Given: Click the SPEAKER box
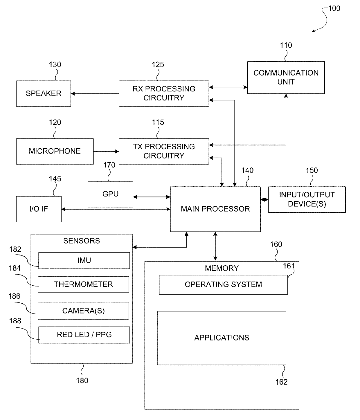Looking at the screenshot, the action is (x=44, y=93).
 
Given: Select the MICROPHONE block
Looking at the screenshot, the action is (x=55, y=152).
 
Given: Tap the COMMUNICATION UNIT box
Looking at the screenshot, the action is (x=286, y=77).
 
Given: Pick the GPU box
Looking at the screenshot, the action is (x=110, y=194).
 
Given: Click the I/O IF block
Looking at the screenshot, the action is (x=39, y=209).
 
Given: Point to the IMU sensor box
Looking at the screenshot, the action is (x=84, y=260).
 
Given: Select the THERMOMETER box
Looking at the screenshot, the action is (x=83, y=284).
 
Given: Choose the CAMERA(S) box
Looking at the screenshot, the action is (x=83, y=311).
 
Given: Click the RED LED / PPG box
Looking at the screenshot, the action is (x=84, y=335).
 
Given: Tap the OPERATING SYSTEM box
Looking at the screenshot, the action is (x=223, y=284).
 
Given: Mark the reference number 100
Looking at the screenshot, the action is (x=334, y=8).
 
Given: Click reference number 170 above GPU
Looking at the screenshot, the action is (x=109, y=165).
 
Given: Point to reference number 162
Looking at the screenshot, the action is (x=281, y=382).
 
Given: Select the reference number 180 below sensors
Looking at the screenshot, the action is (x=82, y=381).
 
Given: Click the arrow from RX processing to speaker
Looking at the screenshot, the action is (x=95, y=94).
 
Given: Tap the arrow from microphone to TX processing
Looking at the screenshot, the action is (x=106, y=152).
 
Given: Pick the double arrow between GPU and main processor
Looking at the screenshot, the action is (x=152, y=197).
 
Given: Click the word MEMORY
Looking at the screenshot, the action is (x=222, y=268).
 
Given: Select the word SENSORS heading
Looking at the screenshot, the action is (x=82, y=241).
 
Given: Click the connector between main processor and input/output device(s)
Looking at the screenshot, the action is (x=264, y=200).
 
